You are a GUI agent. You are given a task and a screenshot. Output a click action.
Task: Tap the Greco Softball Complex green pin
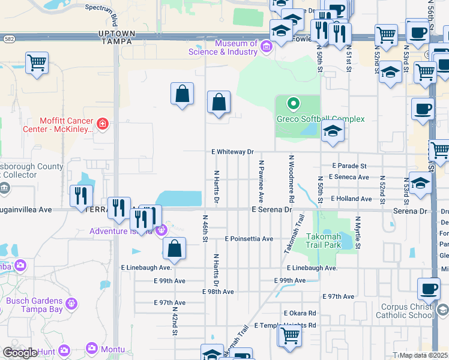pyautogui.click(x=293, y=104)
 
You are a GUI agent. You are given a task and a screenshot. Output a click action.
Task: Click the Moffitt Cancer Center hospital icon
pyautogui.click(x=103, y=124)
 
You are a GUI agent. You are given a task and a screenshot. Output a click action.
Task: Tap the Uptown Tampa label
pyautogui.click(x=117, y=37)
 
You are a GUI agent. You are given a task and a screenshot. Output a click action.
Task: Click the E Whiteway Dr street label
pyautogui.click(x=233, y=152)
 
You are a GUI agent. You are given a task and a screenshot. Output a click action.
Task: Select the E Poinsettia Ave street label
pyautogui.click(x=249, y=238)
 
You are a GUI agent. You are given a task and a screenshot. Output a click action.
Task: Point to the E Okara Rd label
pyautogui.click(x=300, y=313)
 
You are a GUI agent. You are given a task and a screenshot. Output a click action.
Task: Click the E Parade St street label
pyautogui.click(x=349, y=166)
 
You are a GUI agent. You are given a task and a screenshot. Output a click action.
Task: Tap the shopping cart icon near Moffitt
pyautogui.click(x=37, y=62)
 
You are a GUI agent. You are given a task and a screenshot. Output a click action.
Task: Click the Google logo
pyautogui.click(x=20, y=353)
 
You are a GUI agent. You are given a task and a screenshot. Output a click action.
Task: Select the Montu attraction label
pyautogui.click(x=113, y=349)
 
